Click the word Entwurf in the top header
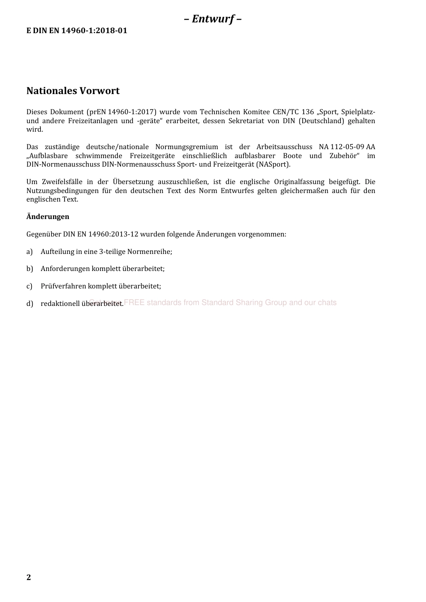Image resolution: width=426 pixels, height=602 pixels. [x=213, y=19]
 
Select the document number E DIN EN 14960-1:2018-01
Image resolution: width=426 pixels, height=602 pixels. [x=77, y=31]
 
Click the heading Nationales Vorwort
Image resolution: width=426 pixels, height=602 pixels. [x=73, y=91]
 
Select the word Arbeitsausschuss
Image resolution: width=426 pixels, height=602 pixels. [x=284, y=147]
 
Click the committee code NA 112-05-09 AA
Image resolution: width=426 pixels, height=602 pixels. [x=347, y=147]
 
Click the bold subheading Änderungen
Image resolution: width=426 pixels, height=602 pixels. [x=48, y=217]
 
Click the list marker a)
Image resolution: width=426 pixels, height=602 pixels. [x=30, y=252]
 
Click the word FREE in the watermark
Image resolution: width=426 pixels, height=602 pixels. [x=134, y=303]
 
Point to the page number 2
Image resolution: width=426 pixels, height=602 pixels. [x=29, y=577]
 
